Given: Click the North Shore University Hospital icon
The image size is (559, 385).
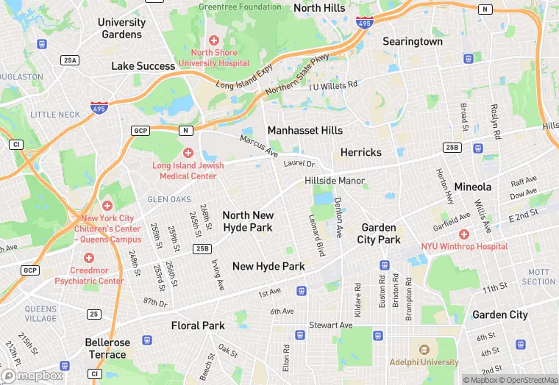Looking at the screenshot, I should (213, 40).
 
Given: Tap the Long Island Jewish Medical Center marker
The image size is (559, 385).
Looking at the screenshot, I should (188, 153).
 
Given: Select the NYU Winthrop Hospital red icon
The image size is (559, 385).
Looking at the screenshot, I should (463, 234).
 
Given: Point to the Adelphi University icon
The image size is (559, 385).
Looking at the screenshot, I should (423, 350).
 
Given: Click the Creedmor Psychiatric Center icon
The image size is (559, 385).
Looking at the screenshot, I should (89, 258).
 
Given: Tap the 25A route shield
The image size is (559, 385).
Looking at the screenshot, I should (71, 60).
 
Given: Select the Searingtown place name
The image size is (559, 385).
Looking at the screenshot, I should (412, 42).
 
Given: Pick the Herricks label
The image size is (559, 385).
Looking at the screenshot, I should (360, 152).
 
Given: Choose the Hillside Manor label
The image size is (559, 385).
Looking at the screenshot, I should (335, 181).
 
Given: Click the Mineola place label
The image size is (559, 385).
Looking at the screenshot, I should (472, 187).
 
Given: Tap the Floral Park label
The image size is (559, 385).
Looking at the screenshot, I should (197, 325).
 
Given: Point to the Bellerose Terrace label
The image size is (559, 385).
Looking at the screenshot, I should (107, 348).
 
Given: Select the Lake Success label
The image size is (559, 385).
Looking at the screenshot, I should (143, 66).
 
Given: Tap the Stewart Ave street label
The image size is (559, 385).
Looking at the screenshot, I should (330, 325).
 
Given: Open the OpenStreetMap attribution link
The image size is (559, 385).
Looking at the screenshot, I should (526, 380).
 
